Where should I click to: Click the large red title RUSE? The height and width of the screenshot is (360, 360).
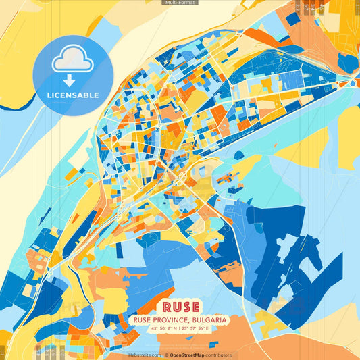[x=180, y=306]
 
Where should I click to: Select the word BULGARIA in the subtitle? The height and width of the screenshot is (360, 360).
[x=208, y=319]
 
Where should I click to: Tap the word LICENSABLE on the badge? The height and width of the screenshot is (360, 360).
[x=73, y=95]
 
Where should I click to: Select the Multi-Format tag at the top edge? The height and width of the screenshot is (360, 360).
[x=180, y=3]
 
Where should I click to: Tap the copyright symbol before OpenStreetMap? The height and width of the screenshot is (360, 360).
[x=166, y=355]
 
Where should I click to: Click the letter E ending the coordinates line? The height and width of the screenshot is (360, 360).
[x=208, y=329]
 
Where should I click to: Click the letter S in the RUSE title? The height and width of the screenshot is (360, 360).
[x=185, y=306]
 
